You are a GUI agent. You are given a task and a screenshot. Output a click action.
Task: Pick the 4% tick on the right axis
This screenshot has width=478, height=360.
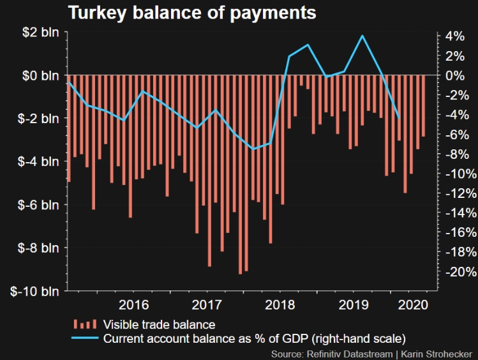pos(455,36)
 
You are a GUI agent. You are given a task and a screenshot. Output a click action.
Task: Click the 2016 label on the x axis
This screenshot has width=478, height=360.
pos(133,304)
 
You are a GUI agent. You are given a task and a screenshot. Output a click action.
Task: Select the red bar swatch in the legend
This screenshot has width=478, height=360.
pos(86,324)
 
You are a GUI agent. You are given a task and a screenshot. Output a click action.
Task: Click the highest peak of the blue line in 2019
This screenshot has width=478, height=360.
pos(362,36)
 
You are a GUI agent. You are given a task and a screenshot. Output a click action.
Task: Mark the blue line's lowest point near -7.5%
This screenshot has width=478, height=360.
pos(253,149)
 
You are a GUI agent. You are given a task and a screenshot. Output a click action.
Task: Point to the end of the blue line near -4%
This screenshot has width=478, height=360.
pos(399,118)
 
